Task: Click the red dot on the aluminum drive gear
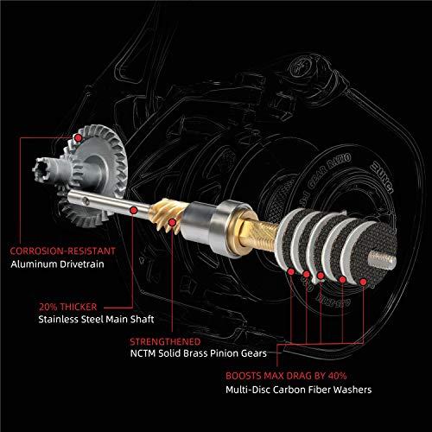click(x=78, y=138)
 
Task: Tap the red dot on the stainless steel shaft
click(x=133, y=210)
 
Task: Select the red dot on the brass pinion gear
click(x=172, y=222)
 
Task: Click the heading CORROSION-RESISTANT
click(x=62, y=251)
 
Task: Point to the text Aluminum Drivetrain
click(x=57, y=264)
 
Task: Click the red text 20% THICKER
click(x=68, y=307)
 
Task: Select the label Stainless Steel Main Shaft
click(x=96, y=319)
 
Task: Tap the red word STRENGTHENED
click(x=165, y=341)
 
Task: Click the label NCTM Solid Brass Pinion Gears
click(x=199, y=353)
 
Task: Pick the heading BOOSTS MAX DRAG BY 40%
click(x=286, y=376)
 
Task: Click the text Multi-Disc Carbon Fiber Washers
click(x=299, y=390)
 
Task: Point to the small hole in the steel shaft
click(x=85, y=200)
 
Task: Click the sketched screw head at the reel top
click(x=301, y=68)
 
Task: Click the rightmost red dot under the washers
click(x=364, y=282)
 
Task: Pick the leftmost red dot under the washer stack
click(x=291, y=271)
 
